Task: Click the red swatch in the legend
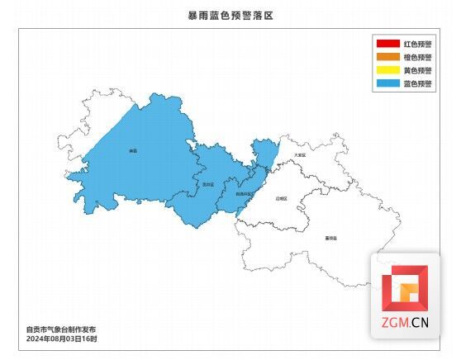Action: pyautogui.click(x=387, y=44)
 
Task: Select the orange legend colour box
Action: pyautogui.click(x=387, y=57)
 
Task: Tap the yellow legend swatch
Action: pyautogui.click(x=387, y=70)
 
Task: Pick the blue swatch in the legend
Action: pyautogui.click(x=387, y=83)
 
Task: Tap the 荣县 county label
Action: pyautogui.click(x=133, y=151)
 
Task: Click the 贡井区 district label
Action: pyautogui.click(x=208, y=184)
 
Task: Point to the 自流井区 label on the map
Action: pyautogui.click(x=245, y=192)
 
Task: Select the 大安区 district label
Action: pyautogui.click(x=299, y=154)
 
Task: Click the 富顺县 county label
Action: pyautogui.click(x=331, y=238)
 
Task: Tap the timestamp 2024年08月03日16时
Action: pyautogui.click(x=62, y=339)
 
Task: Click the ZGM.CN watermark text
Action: pyautogui.click(x=405, y=324)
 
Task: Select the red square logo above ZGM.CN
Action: pyautogui.click(x=405, y=288)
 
